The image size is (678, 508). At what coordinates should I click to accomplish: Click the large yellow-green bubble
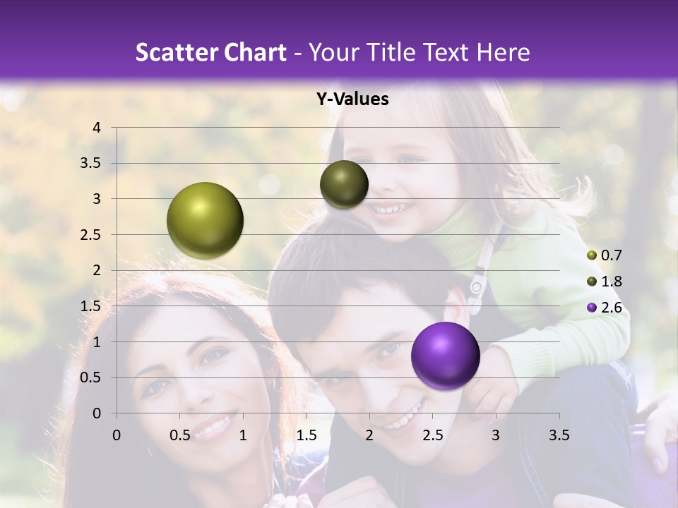pos(206,220)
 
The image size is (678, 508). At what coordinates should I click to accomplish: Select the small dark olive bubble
pos(344,184)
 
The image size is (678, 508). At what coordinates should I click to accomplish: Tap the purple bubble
pos(445,356)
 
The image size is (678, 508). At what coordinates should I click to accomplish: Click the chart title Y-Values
pos(352,99)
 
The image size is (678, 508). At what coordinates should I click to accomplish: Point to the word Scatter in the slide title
pos(174,52)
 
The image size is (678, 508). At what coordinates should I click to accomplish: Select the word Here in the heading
pos(504,52)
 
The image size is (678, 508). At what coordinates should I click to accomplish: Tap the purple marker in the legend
pos(592,308)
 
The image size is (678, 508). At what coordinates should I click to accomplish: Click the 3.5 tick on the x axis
pos(559,435)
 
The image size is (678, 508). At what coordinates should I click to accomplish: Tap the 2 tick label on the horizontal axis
pos(369,435)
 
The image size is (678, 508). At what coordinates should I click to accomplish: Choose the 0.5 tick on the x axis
pos(180,435)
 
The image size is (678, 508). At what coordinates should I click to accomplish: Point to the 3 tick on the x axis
pos(496,435)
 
